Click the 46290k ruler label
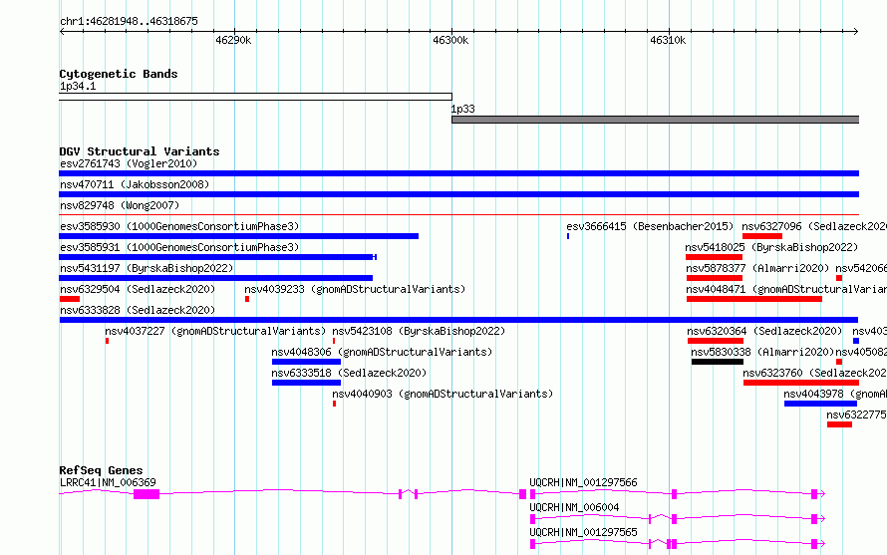tap(233, 40)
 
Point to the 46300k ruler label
tap(450, 40)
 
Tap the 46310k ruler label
tap(668, 40)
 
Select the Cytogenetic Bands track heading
tap(118, 74)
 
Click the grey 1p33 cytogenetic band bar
tap(655, 120)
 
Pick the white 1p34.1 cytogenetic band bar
tap(255, 97)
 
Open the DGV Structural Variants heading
tap(139, 151)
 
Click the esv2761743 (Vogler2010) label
tap(128, 163)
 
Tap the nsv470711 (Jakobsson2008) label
tap(135, 184)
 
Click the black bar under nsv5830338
tap(717, 362)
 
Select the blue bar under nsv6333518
tap(306, 383)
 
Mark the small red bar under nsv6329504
tap(69, 299)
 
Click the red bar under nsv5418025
tap(714, 257)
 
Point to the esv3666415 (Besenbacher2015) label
tap(649, 226)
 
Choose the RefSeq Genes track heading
tap(101, 470)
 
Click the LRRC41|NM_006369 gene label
tap(108, 482)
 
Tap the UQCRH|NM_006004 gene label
tap(574, 507)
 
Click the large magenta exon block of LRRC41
tap(147, 494)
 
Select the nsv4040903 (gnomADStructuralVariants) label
tap(442, 394)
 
